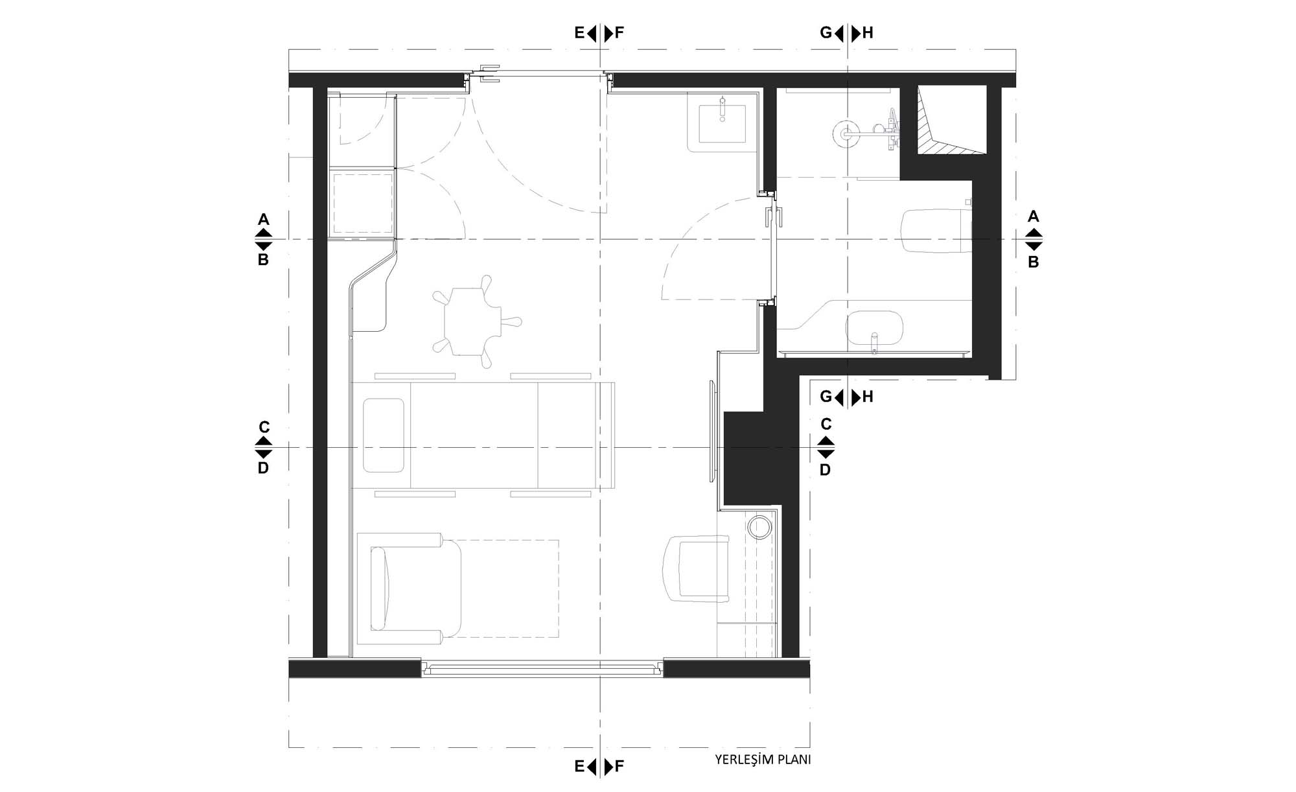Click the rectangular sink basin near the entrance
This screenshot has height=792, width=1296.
(x=721, y=123)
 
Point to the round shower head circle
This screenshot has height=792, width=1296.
(x=844, y=134)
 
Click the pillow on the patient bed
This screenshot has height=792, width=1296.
(x=384, y=435)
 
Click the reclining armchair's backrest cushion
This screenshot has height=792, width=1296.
(x=380, y=588)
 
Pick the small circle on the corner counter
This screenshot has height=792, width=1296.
(x=759, y=527)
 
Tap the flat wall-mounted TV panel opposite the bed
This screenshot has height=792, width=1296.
(x=712, y=431)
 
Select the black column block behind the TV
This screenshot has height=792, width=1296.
(x=752, y=458)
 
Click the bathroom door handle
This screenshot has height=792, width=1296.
(x=775, y=216)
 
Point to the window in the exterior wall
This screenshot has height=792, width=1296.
(x=542, y=668)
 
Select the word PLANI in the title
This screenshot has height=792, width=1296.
(x=794, y=760)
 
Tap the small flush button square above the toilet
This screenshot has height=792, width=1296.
(x=969, y=202)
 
